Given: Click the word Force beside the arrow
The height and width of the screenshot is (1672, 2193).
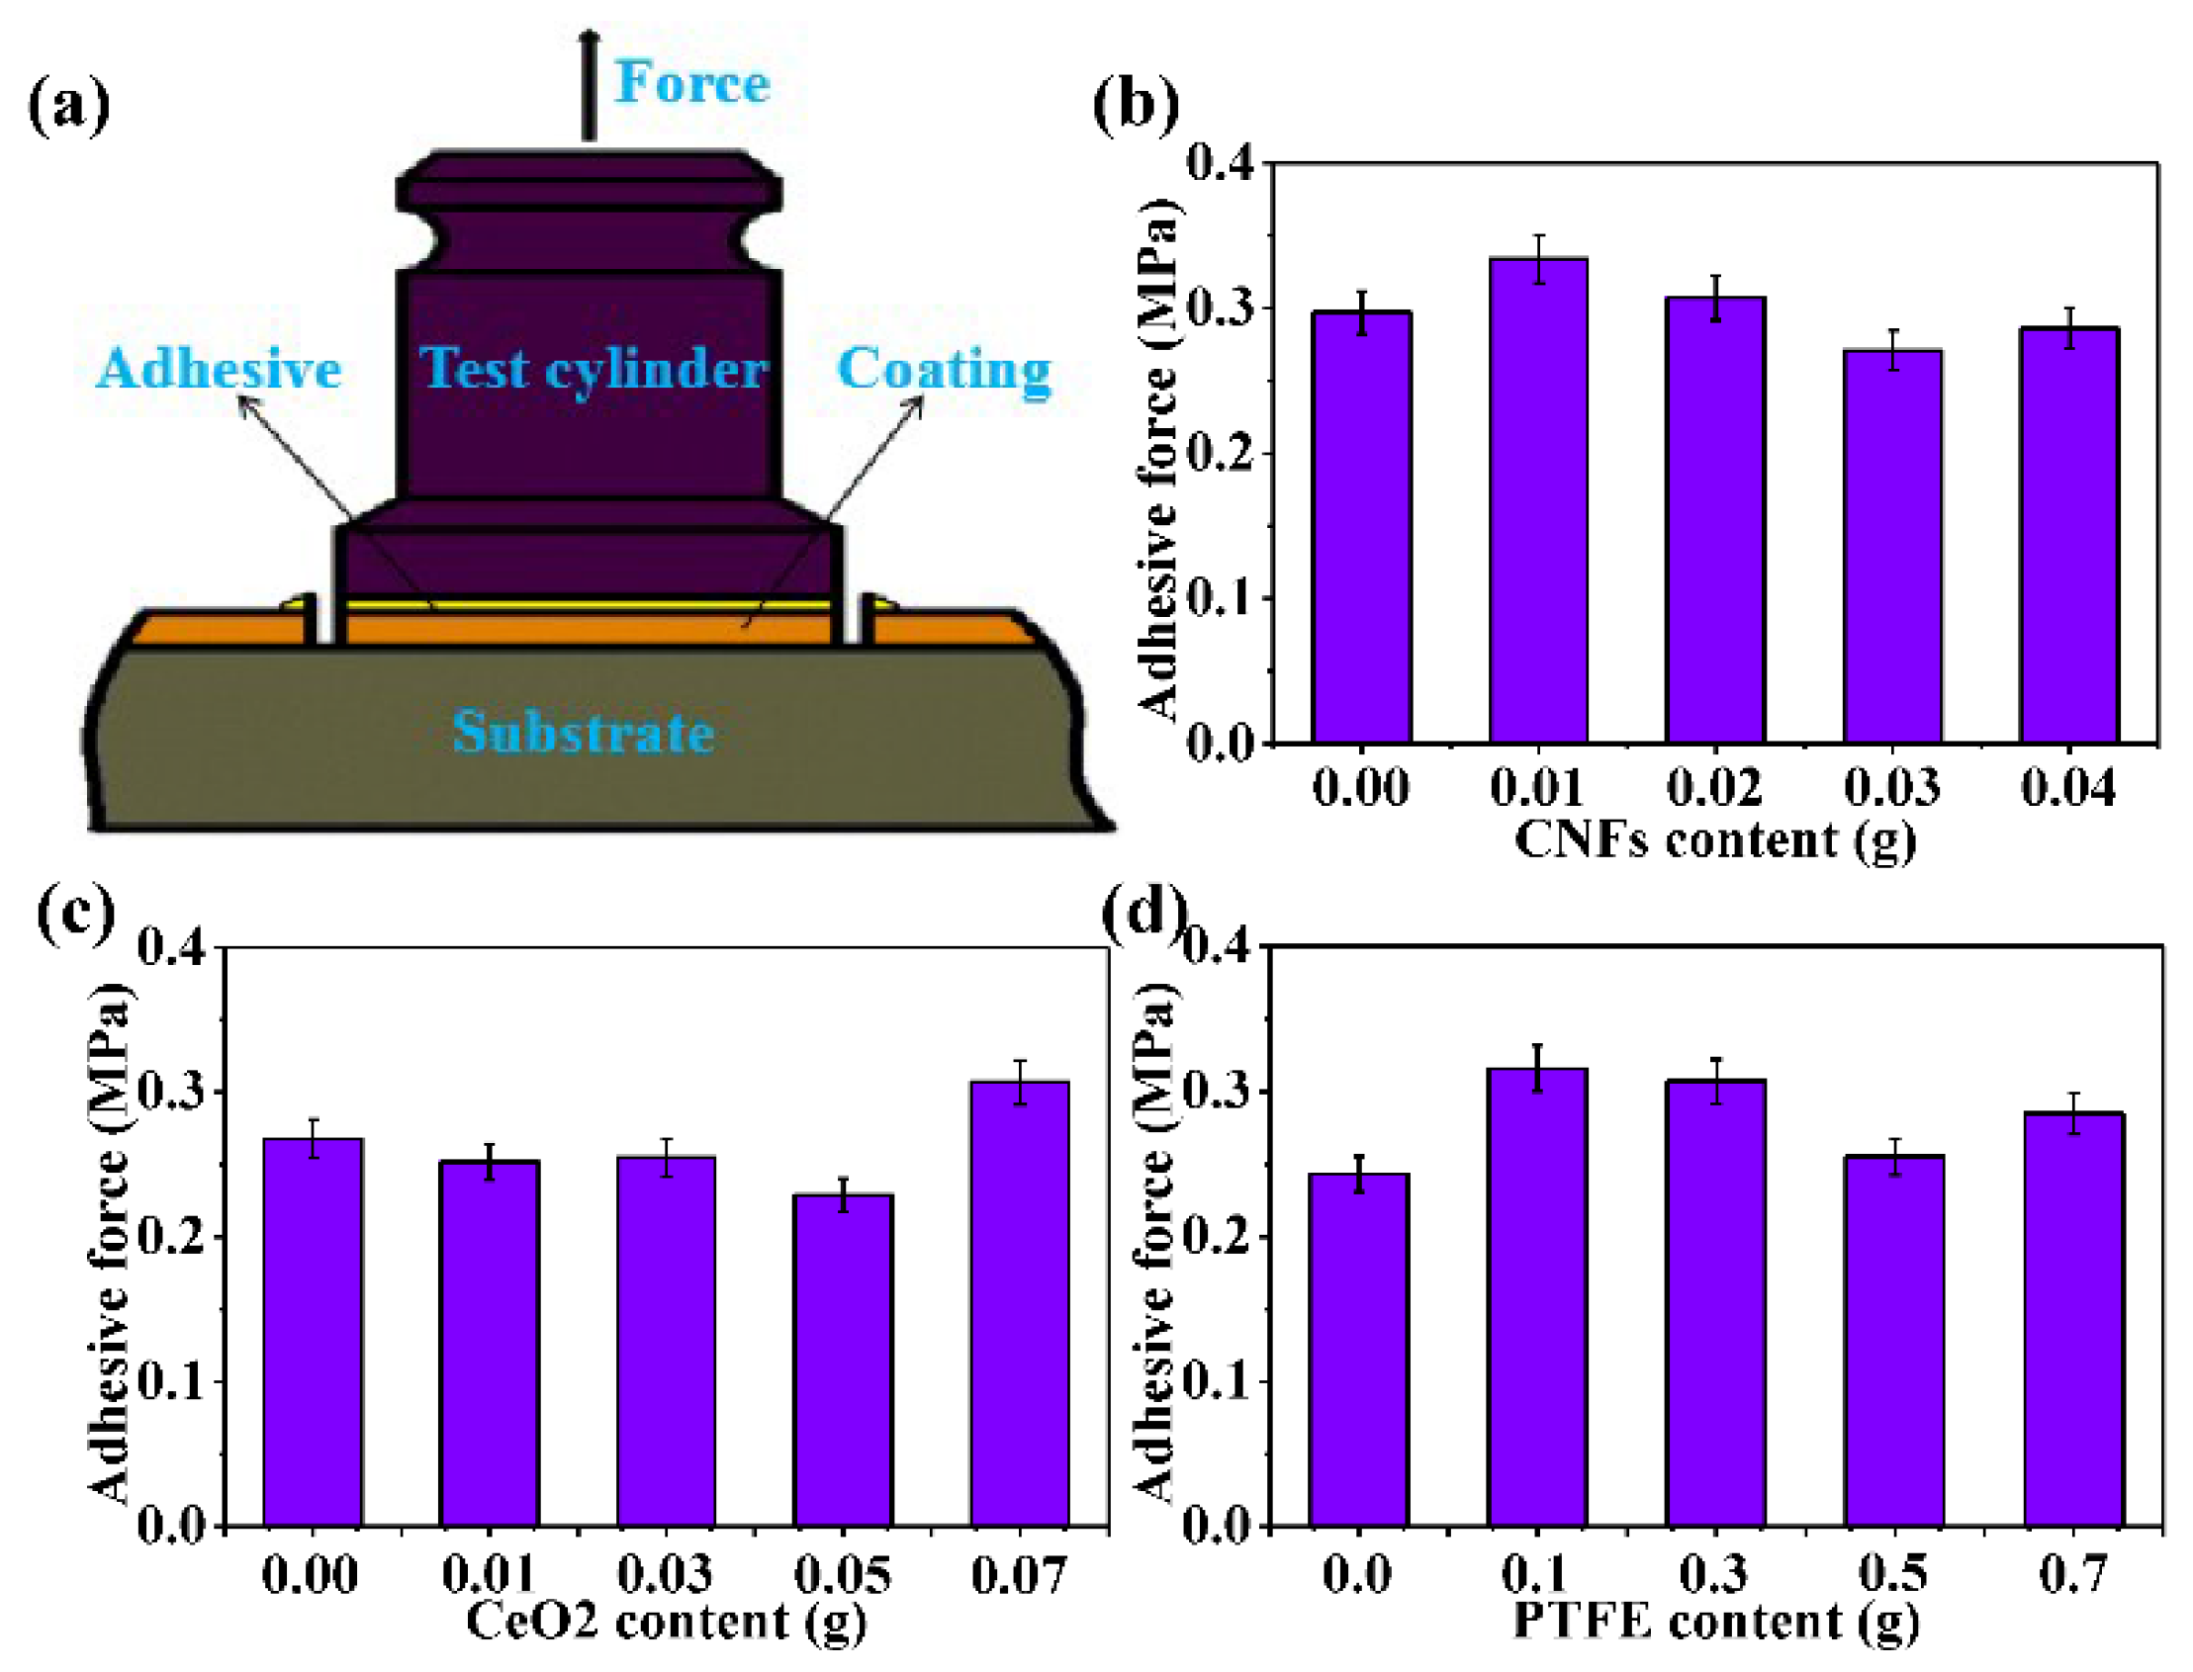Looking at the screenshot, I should click(x=690, y=83).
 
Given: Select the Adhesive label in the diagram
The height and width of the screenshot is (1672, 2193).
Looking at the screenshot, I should click(x=219, y=369).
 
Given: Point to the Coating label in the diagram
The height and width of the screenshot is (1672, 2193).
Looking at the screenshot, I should click(x=943, y=369).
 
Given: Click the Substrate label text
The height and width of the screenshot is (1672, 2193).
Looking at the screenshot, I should click(x=584, y=733).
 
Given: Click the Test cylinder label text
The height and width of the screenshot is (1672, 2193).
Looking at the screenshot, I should click(x=594, y=369).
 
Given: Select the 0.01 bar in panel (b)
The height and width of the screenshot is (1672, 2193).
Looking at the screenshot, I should click(x=1538, y=497).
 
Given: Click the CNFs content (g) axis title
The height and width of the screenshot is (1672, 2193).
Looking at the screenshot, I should click(x=1714, y=839).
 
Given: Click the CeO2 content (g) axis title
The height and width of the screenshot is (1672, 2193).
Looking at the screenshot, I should click(x=665, y=1621).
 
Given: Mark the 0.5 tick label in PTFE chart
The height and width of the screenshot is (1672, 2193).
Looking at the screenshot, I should click(x=1892, y=1573).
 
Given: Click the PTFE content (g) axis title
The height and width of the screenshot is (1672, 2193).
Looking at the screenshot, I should click(x=1714, y=1621).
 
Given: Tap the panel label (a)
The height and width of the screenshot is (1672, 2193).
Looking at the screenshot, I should click(x=67, y=106).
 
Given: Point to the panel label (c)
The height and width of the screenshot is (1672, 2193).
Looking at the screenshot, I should click(x=75, y=914).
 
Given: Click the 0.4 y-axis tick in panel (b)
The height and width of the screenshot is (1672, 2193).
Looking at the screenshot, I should click(x=1221, y=161).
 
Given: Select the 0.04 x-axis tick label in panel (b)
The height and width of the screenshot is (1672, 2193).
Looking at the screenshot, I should click(x=2068, y=787).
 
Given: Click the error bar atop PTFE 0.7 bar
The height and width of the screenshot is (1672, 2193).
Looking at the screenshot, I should click(x=2073, y=1112).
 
